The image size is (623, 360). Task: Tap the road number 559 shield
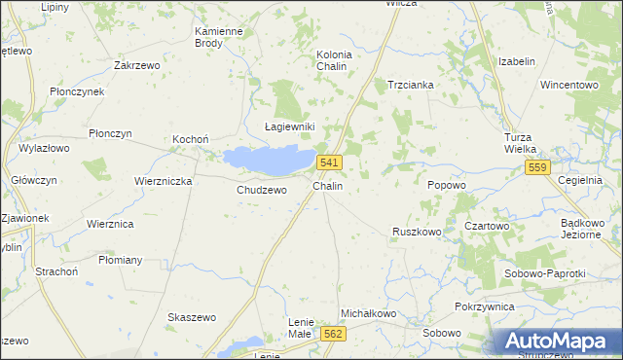click(538, 167)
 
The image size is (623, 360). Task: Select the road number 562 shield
click(333, 333)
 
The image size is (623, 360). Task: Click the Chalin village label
click(327, 185)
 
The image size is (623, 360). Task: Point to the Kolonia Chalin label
click(334, 60)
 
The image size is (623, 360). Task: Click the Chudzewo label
click(262, 190)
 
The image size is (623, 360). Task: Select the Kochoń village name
click(191, 139)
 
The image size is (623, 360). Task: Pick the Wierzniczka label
click(164, 181)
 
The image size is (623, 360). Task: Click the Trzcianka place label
click(411, 85)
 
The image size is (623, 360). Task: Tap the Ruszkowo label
click(417, 232)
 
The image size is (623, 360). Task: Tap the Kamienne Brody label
click(218, 37)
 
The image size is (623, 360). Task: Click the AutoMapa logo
click(559, 342)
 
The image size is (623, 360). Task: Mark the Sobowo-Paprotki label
click(545, 273)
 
